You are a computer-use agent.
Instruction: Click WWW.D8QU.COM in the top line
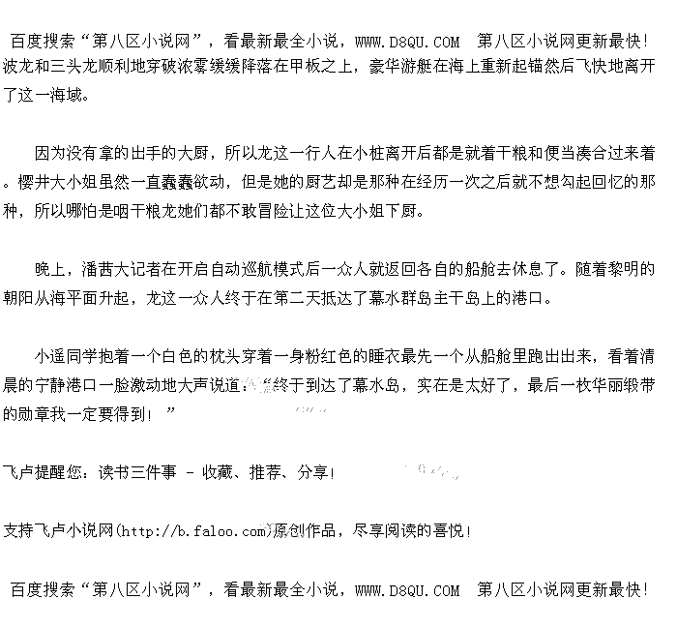point(407,42)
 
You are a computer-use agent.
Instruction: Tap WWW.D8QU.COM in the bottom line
point(407,589)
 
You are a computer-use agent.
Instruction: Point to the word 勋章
point(19,413)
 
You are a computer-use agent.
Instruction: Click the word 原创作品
point(305,530)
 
